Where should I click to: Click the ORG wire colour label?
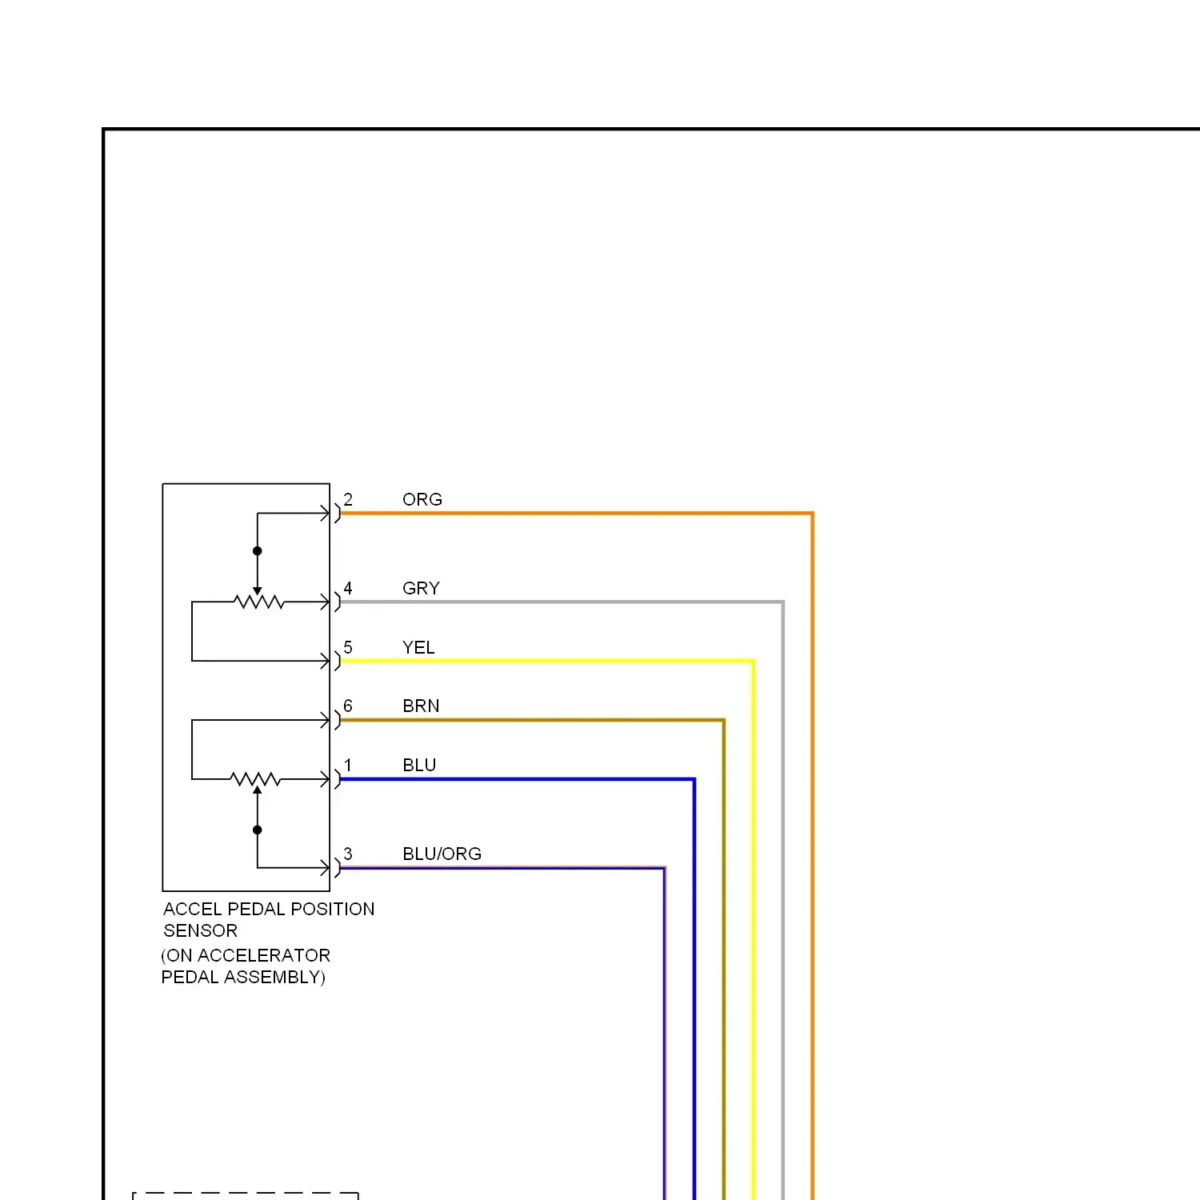pyautogui.click(x=422, y=500)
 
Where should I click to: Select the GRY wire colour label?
pyautogui.click(x=421, y=589)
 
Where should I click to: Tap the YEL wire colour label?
pyautogui.click(x=418, y=648)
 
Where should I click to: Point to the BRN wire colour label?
pyautogui.click(x=421, y=706)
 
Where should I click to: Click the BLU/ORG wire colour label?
pyautogui.click(x=442, y=854)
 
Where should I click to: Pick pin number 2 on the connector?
pyautogui.click(x=348, y=499)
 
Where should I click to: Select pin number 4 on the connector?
pyautogui.click(x=348, y=588)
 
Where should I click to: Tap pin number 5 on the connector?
pyautogui.click(x=348, y=647)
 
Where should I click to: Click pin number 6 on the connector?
pyautogui.click(x=348, y=706)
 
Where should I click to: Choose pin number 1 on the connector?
pyautogui.click(x=348, y=765)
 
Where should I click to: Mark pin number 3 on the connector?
pyautogui.click(x=348, y=854)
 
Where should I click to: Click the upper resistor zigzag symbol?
pyautogui.click(x=258, y=602)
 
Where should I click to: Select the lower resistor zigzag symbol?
pyautogui.click(x=255, y=779)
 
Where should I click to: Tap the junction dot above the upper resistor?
pyautogui.click(x=258, y=551)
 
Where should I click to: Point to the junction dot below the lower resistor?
pyautogui.click(x=258, y=830)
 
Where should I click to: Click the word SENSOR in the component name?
pyautogui.click(x=200, y=931)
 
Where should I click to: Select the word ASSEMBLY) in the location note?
pyautogui.click(x=274, y=978)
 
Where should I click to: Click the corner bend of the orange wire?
pyautogui.click(x=812, y=514)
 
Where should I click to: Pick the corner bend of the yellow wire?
pyautogui.click(x=753, y=662)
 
